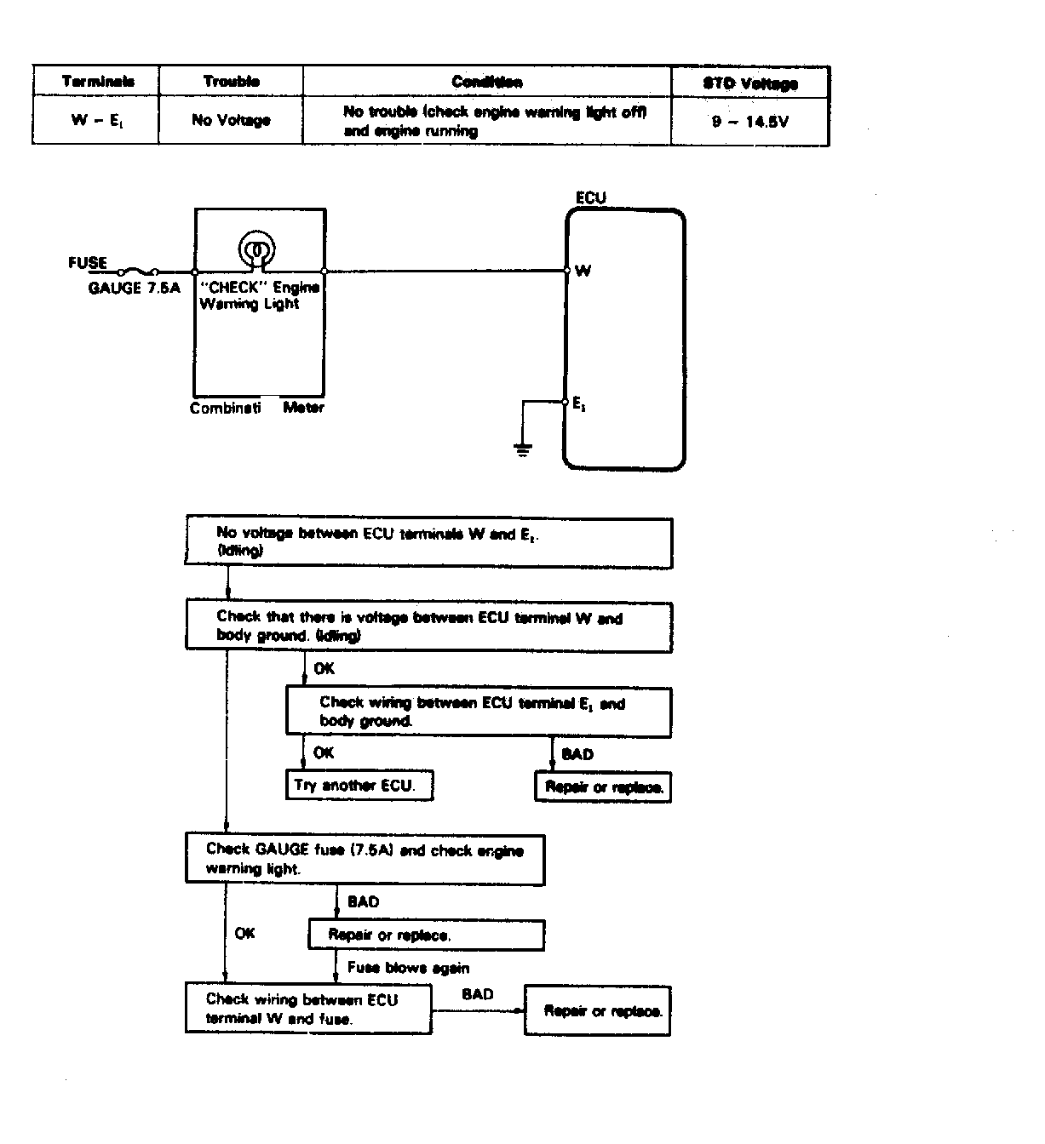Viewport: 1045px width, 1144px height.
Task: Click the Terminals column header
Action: pyautogui.click(x=98, y=82)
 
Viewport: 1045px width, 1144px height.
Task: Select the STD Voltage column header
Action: pyautogui.click(x=749, y=83)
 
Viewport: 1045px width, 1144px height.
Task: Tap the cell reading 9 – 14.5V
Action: pyautogui.click(x=749, y=122)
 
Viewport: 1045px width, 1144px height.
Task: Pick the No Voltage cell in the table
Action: pyautogui.click(x=231, y=121)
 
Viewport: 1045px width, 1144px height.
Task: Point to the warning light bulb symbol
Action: pyautogui.click(x=256, y=249)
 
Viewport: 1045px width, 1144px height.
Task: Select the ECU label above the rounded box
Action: pyautogui.click(x=591, y=198)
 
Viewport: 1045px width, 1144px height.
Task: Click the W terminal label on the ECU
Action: pyautogui.click(x=583, y=272)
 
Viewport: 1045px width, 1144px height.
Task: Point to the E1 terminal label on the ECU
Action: pyautogui.click(x=579, y=405)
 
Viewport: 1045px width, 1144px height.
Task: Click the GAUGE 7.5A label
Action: pyautogui.click(x=135, y=289)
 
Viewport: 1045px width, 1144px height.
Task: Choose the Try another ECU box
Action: pyautogui.click(x=359, y=785)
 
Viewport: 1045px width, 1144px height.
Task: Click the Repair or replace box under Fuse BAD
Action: pyautogui.click(x=426, y=935)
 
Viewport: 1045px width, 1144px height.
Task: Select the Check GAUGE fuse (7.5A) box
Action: pyautogui.click(x=365, y=859)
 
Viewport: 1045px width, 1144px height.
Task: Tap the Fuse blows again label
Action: pyautogui.click(x=408, y=968)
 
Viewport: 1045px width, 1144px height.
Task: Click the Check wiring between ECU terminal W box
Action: pyautogui.click(x=308, y=1009)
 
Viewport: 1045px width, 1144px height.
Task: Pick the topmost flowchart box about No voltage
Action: pyautogui.click(x=428, y=542)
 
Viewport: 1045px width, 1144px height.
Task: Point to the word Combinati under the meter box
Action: pyautogui.click(x=225, y=408)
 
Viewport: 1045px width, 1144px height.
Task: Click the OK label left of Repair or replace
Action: pyautogui.click(x=244, y=934)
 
